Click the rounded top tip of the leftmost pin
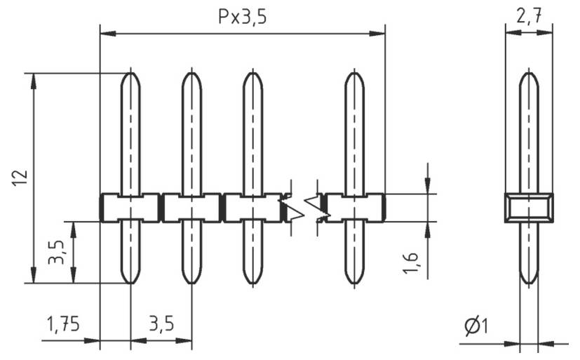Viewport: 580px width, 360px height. (x=130, y=74)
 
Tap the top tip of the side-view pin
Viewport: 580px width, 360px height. (x=529, y=74)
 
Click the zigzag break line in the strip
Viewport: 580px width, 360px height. (x=304, y=207)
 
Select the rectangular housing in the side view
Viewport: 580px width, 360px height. (x=529, y=208)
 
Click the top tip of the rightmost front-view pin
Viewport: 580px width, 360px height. (x=355, y=74)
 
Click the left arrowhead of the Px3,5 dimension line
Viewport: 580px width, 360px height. (x=106, y=32)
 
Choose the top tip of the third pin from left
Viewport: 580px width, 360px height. (x=252, y=74)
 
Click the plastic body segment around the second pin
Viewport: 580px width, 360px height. (x=191, y=208)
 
